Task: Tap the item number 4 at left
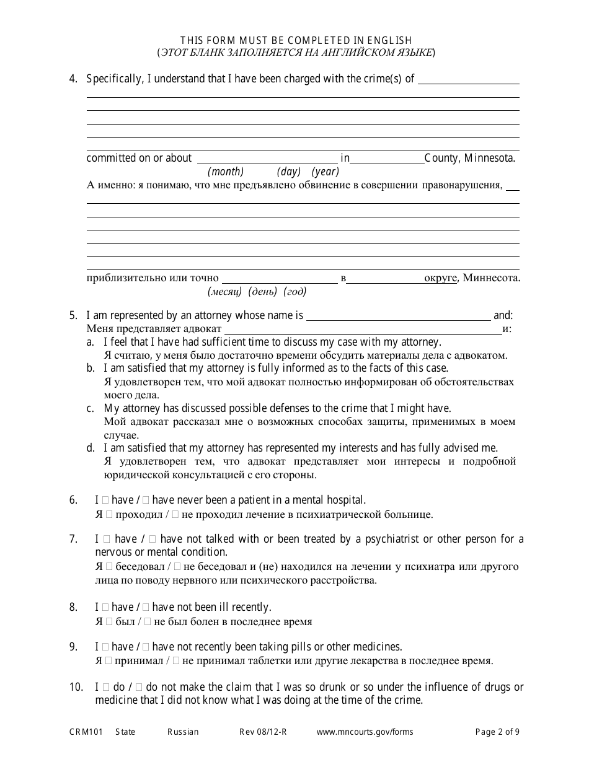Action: coord(74,79)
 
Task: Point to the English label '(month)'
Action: coord(226,172)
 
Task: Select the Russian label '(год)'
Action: coord(294,291)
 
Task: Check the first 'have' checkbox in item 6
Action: coord(105,500)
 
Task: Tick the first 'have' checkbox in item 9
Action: coord(105,647)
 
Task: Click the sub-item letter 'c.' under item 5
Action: coord(91,408)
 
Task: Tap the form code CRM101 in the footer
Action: coord(83,732)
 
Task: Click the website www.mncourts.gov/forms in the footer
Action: coord(365,732)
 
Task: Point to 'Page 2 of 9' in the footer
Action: coord(497,732)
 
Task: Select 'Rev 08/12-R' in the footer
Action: coord(263,732)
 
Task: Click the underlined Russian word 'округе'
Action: coord(440,278)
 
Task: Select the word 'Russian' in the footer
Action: coord(183,732)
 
